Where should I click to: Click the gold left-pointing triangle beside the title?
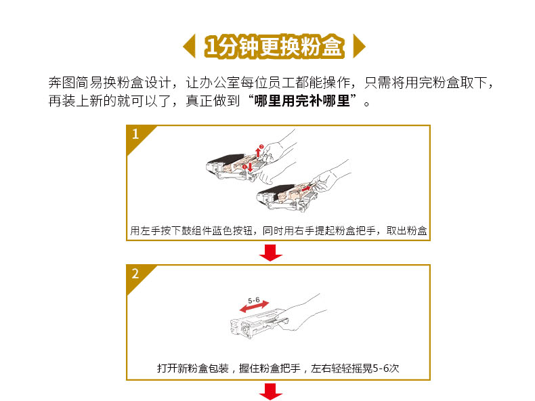coord(190,46)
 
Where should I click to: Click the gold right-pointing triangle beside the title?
coord(358,46)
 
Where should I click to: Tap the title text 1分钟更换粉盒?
coord(274,46)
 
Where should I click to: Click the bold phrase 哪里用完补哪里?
coord(302,101)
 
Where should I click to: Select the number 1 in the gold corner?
coord(135,134)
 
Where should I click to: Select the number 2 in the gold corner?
coord(135,274)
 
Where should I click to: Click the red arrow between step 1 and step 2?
coord(271,253)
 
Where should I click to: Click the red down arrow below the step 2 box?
coord(271,392)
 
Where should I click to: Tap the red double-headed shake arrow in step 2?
coord(254,306)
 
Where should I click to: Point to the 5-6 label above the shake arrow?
coord(253,300)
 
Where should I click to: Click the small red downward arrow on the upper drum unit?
coord(250,167)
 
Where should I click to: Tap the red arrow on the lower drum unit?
coord(306,188)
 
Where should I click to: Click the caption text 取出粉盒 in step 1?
coord(407,231)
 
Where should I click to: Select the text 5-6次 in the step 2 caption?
coord(385,368)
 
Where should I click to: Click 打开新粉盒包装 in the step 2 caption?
coord(193,368)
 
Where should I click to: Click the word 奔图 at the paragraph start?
coord(62,83)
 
